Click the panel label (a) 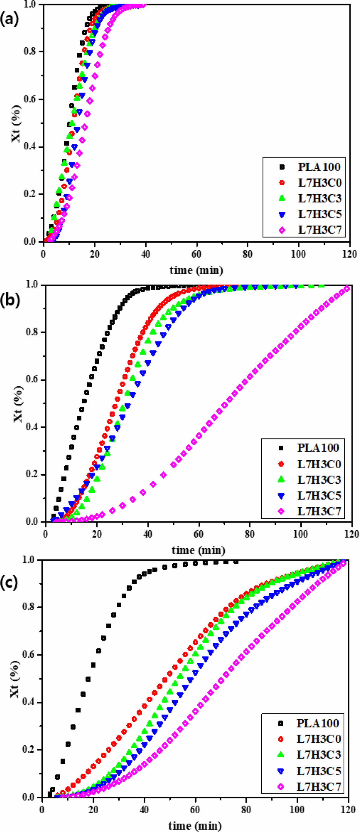tap(9, 20)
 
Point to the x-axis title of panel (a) tap(196, 270)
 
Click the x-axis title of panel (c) tap(195, 826)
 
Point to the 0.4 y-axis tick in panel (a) tap(31, 147)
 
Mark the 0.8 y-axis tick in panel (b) tap(32, 332)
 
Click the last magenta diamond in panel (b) tap(347, 288)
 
